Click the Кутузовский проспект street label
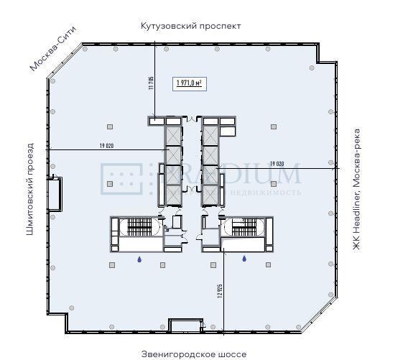pos(190,26)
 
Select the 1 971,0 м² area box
pos(188,83)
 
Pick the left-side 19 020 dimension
pos(107,146)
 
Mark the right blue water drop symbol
pos(244,259)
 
